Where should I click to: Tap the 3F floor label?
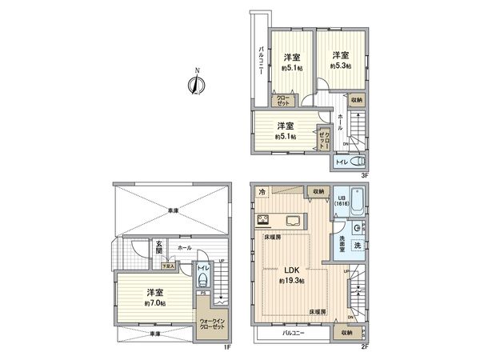pyautogui.click(x=363, y=174)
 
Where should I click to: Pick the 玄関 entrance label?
pyautogui.click(x=159, y=248)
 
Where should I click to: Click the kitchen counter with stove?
pyautogui.click(x=278, y=221)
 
